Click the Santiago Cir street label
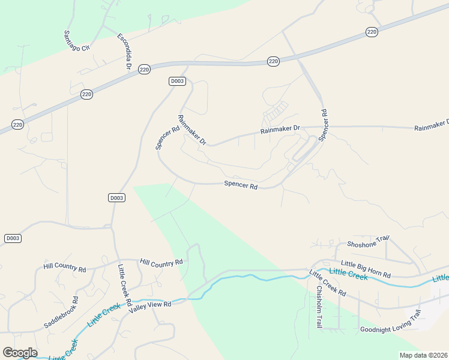pos(76,40)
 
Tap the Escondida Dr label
pos(124,51)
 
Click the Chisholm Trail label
pos(319,306)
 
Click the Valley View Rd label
pos(150,305)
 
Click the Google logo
pos(20,353)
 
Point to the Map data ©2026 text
pos(423,355)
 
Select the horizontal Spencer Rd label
pos(241,185)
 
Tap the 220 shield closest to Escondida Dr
pos(143,69)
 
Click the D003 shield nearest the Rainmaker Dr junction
pos(176,81)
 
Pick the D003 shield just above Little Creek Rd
pos(117,197)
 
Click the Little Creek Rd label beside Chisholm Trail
pos(328,283)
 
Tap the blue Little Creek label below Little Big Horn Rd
pos(348,275)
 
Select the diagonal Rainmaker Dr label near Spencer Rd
pos(192,130)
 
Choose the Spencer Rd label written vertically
pos(324,125)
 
